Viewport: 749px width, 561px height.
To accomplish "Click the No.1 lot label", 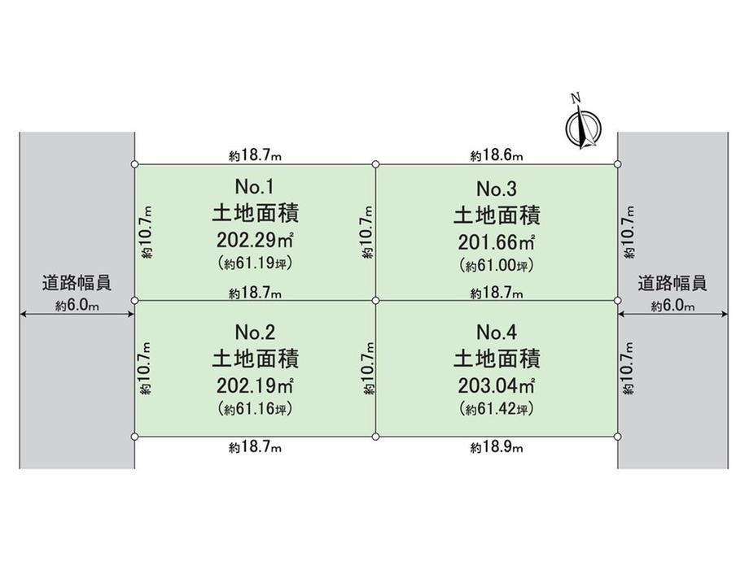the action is pyautogui.click(x=255, y=186).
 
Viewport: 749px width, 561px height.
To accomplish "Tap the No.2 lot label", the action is pyautogui.click(x=255, y=332).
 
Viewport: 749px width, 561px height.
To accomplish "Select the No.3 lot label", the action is pyautogui.click(x=497, y=189).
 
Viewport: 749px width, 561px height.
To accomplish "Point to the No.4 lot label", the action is pyautogui.click(x=497, y=332).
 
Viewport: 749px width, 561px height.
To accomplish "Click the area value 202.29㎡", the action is pyautogui.click(x=255, y=240).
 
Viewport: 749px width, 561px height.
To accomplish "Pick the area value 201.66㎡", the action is pyautogui.click(x=497, y=242).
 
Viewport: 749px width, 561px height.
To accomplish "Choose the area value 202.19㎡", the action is pyautogui.click(x=255, y=385).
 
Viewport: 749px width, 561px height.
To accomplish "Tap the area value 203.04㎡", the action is pyautogui.click(x=497, y=385).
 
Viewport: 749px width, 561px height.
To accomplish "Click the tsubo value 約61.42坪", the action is pyautogui.click(x=497, y=409).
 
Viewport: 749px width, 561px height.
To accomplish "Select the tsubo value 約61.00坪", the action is pyautogui.click(x=497, y=265).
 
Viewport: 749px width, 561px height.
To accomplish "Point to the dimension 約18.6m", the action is pyautogui.click(x=497, y=155).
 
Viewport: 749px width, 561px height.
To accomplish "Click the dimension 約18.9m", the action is pyautogui.click(x=497, y=447).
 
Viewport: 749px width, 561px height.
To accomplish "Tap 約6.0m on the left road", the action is pyautogui.click(x=77, y=306).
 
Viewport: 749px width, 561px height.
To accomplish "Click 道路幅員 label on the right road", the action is pyautogui.click(x=672, y=284).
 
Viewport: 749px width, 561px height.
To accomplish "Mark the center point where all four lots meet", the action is pyautogui.click(x=375, y=301).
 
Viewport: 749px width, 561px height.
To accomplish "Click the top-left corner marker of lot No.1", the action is pyautogui.click(x=134, y=164).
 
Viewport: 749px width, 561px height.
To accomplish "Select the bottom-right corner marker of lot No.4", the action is pyautogui.click(x=617, y=437).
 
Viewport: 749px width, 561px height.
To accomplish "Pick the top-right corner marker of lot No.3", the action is pyautogui.click(x=617, y=164).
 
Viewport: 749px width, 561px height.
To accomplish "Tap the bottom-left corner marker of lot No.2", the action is pyautogui.click(x=134, y=437).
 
